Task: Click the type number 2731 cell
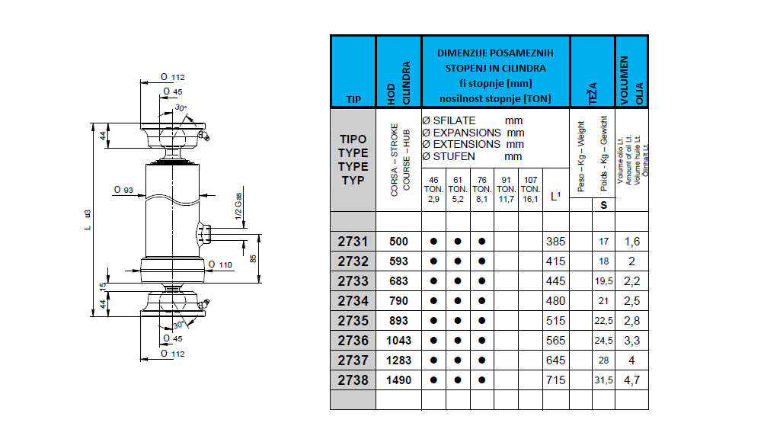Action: point(353,242)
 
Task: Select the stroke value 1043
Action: point(398,341)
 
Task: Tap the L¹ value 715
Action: point(556,380)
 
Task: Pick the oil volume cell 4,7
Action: point(631,380)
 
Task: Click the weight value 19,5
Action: point(603,281)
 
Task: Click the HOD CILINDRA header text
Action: point(398,83)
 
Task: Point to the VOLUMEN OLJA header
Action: point(631,79)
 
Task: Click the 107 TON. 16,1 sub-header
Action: point(530,189)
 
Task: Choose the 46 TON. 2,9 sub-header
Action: point(433,189)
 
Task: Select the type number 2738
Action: point(353,380)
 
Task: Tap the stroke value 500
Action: point(398,242)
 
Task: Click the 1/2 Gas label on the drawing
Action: point(238,206)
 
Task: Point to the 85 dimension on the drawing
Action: point(254,258)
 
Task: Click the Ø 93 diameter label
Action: point(124,189)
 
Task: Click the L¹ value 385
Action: point(556,242)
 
